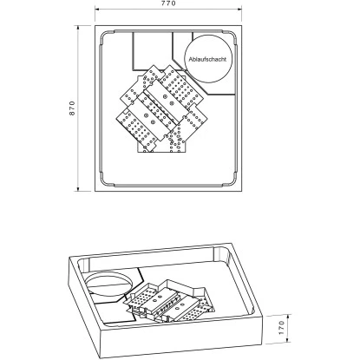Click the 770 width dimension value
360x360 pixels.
pyautogui.click(x=168, y=3)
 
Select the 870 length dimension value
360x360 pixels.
pyautogui.click(x=72, y=108)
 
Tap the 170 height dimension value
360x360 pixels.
pyautogui.click(x=282, y=328)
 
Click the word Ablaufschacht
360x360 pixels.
pyautogui.click(x=207, y=60)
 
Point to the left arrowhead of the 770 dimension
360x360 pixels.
pyautogui.click(x=97, y=10)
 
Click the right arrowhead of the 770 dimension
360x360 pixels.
pyautogui.click(x=239, y=10)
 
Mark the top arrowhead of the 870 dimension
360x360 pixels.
pyautogui.click(x=78, y=28)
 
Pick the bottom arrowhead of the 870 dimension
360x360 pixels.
pyautogui.click(x=78, y=188)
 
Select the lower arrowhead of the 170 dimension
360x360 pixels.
pyautogui.click(x=290, y=341)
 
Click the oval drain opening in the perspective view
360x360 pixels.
pyautogui.click(x=109, y=285)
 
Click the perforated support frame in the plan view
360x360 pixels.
pyautogui.click(x=160, y=109)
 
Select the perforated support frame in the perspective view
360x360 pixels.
pyautogui.click(x=169, y=301)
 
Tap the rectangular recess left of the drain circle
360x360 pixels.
pyautogui.click(x=153, y=51)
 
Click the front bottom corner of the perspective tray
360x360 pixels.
pyautogui.click(x=101, y=357)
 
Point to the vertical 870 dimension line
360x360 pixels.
pyautogui.click(x=78, y=108)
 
